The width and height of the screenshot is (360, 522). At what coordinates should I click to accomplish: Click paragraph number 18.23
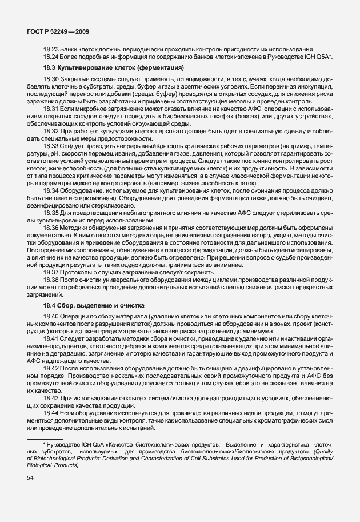tap(51, 49)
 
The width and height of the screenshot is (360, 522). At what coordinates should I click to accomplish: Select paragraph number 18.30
tap(51, 78)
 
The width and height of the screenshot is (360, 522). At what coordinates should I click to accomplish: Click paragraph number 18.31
tap(51, 107)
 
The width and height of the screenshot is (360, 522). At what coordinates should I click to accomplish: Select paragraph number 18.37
tap(51, 272)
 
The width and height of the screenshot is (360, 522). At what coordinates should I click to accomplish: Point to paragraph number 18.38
tap(51, 280)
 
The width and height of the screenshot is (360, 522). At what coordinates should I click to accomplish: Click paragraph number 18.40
tap(51, 317)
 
